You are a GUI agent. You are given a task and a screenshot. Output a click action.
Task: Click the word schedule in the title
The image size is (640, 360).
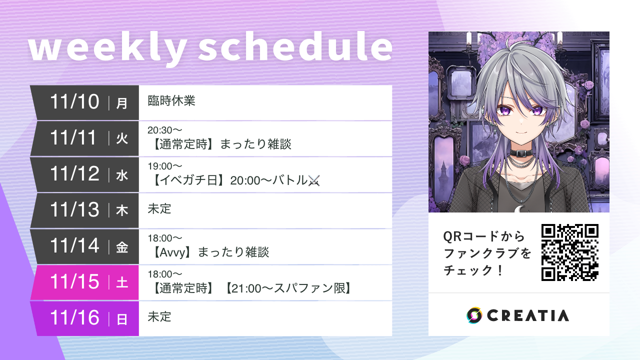295,48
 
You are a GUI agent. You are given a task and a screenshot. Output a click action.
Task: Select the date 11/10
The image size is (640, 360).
75,102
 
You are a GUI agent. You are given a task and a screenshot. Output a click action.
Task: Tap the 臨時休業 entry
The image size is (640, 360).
171,101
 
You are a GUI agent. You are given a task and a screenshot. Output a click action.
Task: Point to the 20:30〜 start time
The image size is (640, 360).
165,130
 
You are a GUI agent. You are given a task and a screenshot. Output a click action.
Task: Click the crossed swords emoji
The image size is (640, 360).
313,180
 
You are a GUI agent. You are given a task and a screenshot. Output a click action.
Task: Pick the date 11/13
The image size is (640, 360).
75,210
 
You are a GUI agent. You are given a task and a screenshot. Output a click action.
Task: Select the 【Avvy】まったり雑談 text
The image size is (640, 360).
209,252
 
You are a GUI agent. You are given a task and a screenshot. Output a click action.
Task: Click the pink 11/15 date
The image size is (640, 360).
75,282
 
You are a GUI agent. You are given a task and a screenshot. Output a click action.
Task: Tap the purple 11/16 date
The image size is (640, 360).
75,318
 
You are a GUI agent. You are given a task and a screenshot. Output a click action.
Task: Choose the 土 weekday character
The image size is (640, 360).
122,283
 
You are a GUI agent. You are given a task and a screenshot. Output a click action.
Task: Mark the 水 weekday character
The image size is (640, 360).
122,175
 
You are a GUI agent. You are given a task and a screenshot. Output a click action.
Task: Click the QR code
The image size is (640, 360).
569,252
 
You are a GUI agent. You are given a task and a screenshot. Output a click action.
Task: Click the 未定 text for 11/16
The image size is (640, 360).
159,316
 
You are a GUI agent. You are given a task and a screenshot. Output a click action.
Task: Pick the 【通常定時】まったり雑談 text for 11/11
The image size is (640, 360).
220,144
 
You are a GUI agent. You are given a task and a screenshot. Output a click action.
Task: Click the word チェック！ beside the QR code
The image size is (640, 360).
472,270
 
